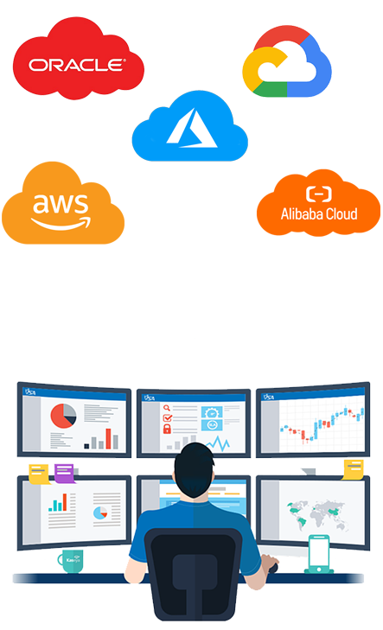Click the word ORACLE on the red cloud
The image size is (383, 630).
pos(77,64)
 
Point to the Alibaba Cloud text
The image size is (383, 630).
pos(319,213)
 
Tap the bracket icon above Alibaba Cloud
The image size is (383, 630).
pos(318,194)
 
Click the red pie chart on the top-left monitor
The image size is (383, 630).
pos(62,416)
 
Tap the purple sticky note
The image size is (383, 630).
pos(63,471)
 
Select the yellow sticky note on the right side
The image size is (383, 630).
pos(354,468)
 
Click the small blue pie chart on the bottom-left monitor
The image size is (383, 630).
pos(101,512)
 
